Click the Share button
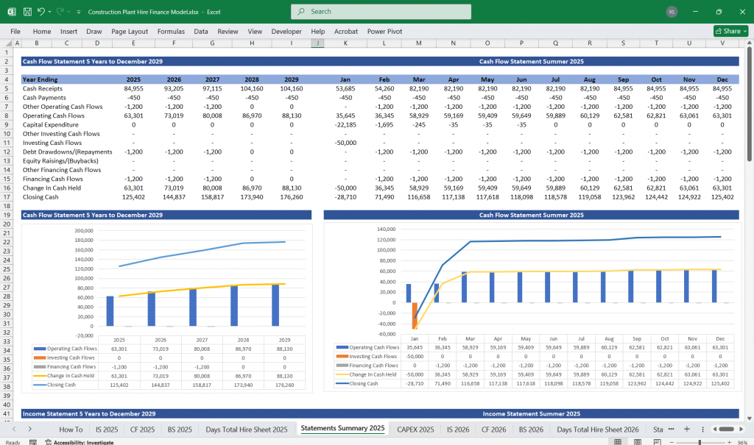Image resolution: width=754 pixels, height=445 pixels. pyautogui.click(x=730, y=32)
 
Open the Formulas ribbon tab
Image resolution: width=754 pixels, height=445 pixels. pyautogui.click(x=171, y=32)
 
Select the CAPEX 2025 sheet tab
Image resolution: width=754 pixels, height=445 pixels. pyautogui.click(x=415, y=429)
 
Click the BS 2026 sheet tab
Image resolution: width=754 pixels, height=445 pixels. pyautogui.click(x=531, y=429)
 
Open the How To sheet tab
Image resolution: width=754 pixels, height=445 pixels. pyautogui.click(x=71, y=429)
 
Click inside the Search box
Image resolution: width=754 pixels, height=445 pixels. pyautogui.click(x=381, y=12)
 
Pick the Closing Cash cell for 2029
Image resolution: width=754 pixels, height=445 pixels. pyautogui.click(x=292, y=197)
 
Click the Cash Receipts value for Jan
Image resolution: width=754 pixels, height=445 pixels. pyautogui.click(x=345, y=88)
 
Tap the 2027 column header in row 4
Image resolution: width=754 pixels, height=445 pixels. pyautogui.click(x=212, y=79)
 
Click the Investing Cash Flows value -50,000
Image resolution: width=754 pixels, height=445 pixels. pyautogui.click(x=345, y=143)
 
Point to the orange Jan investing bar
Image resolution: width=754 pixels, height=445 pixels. pyautogui.click(x=415, y=315)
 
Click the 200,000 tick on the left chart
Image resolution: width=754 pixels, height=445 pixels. pyautogui.click(x=84, y=230)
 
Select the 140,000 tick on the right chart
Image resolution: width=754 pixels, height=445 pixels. pyautogui.click(x=386, y=230)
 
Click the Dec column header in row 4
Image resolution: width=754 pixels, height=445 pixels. pyautogui.click(x=722, y=79)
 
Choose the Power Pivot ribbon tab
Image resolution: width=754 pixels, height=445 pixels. pyautogui.click(x=384, y=32)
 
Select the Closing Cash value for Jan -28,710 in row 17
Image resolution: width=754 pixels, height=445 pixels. pyautogui.click(x=345, y=197)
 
